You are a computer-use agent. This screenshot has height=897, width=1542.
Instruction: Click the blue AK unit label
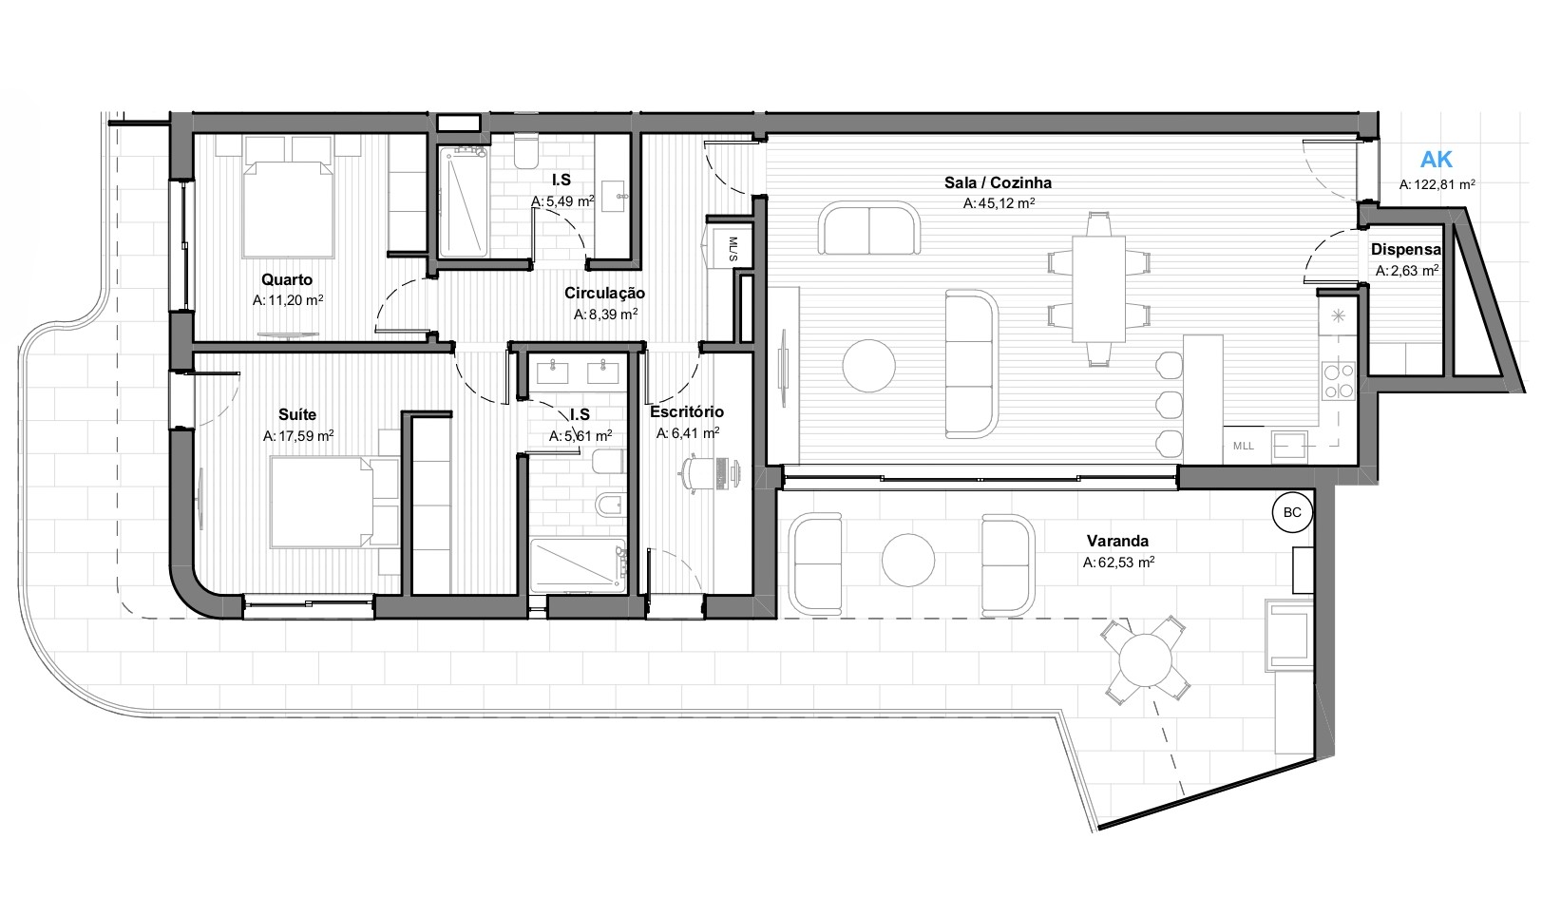click(1436, 160)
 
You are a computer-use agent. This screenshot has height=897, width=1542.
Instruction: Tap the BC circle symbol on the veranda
click(1292, 512)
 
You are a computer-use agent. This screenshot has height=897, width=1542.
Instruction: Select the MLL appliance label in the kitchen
click(1244, 446)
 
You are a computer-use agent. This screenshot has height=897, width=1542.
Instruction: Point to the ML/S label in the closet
click(732, 249)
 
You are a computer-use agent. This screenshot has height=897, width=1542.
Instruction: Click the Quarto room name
click(287, 279)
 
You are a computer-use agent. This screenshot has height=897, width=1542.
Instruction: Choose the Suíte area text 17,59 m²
click(298, 436)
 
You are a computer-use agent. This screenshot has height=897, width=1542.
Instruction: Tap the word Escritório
click(687, 411)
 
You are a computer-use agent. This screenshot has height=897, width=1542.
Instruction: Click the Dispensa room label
click(1406, 250)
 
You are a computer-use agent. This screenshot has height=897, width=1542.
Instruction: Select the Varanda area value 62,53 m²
click(1118, 563)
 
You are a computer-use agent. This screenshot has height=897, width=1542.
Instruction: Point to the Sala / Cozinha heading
click(999, 182)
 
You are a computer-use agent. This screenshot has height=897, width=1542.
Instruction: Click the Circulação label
click(605, 294)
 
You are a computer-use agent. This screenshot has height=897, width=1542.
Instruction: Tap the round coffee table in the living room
click(868, 366)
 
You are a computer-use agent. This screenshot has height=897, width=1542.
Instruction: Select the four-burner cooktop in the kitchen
click(1338, 381)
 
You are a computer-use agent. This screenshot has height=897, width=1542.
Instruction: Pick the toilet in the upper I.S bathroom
click(526, 151)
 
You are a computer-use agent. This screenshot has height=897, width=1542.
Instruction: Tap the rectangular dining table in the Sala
click(1098, 289)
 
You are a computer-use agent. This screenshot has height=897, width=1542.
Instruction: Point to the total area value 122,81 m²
click(1437, 184)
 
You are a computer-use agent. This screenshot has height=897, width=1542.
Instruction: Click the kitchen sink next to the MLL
click(1289, 446)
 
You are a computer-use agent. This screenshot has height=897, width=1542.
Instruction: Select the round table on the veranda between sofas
click(908, 561)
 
